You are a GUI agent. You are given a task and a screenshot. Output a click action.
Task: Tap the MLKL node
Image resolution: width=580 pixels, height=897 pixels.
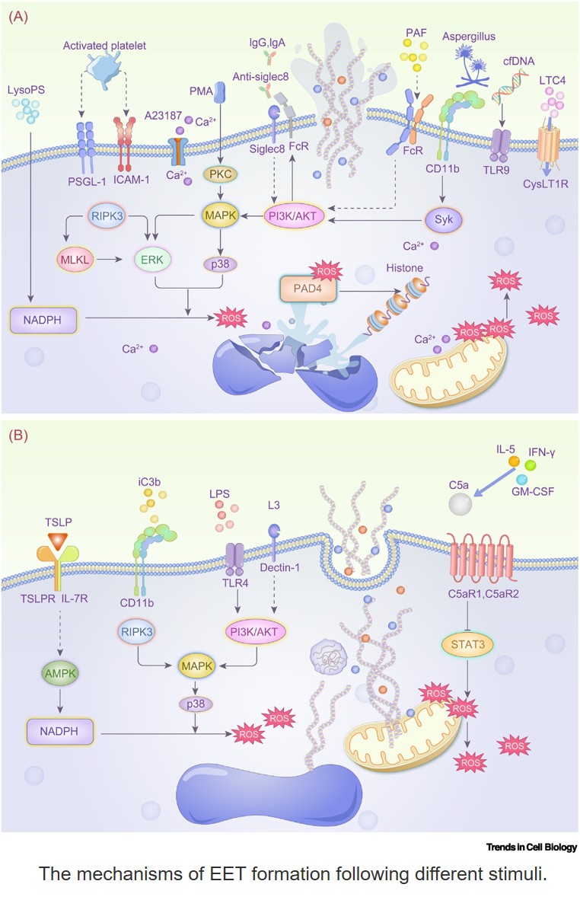pos(75,260)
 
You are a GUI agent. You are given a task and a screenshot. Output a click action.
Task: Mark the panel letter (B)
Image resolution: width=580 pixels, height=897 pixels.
pos(18,436)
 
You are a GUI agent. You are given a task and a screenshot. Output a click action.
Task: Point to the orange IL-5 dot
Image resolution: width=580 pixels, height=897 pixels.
pos(514,461)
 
